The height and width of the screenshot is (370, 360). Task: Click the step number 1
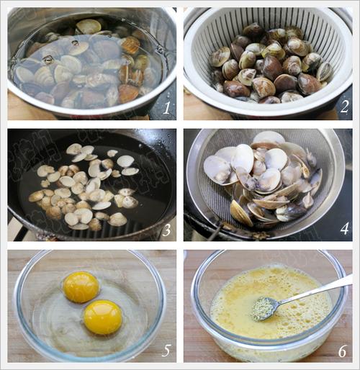tap(166, 107)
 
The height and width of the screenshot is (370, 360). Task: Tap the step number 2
tap(344, 107)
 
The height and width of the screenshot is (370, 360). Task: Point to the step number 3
tap(166, 230)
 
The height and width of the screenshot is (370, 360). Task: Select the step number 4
tap(344, 228)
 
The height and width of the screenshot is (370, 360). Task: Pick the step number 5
tap(166, 351)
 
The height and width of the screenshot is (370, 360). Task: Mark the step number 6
tap(343, 351)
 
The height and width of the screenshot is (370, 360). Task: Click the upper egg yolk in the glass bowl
tap(81, 287)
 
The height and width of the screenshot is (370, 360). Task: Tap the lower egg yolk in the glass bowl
tap(103, 317)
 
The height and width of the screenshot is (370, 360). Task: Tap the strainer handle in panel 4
tap(215, 231)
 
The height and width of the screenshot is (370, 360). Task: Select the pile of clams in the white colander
tap(271, 63)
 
